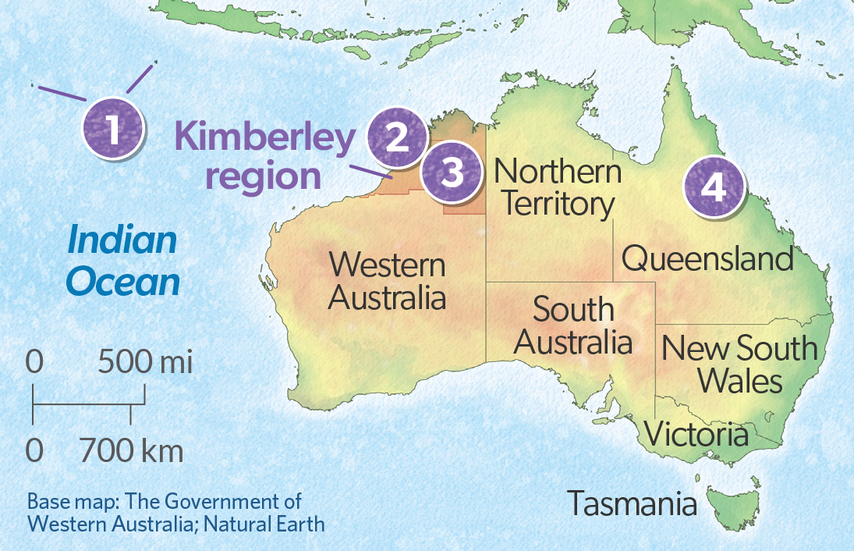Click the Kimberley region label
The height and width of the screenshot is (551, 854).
264,157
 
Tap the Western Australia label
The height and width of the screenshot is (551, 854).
387,281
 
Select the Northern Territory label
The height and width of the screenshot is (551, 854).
558,188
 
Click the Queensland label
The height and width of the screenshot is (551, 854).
707,258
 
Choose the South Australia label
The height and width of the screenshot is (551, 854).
574,326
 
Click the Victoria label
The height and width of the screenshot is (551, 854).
697,434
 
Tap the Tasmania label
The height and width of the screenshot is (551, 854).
632,503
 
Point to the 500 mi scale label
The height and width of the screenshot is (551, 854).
145,363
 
